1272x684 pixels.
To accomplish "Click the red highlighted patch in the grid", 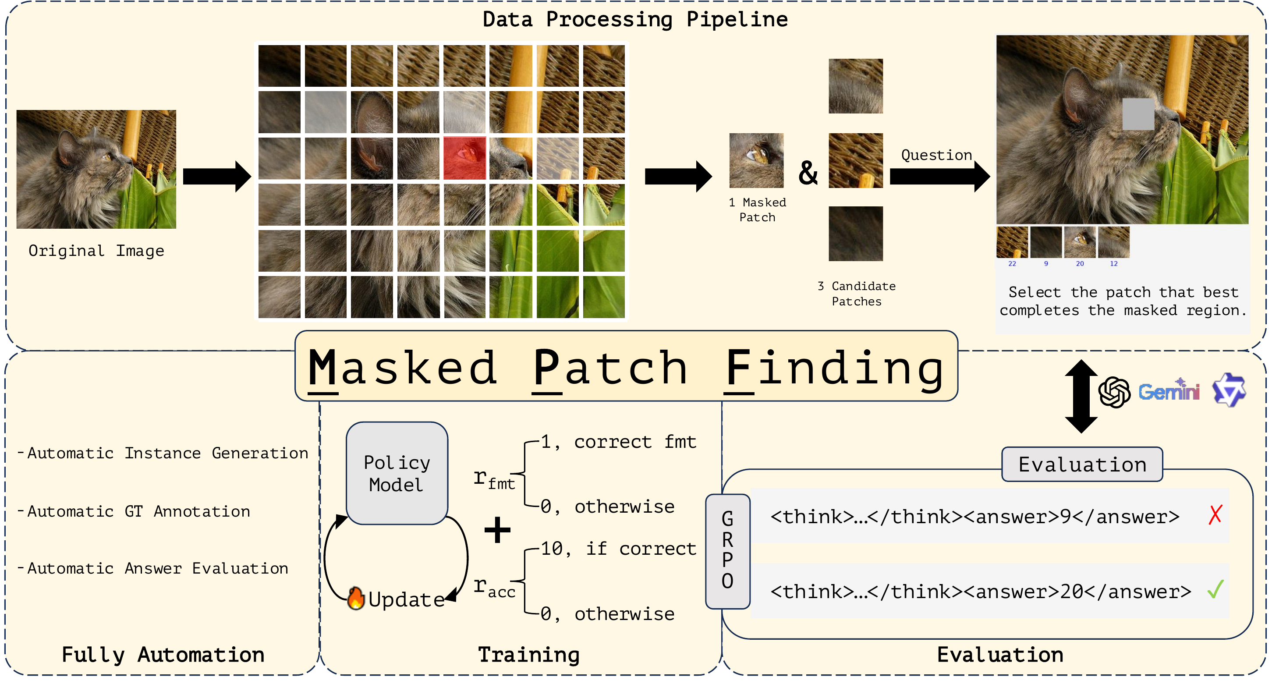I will tap(464, 158).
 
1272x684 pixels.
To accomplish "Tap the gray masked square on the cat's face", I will tap(1137, 114).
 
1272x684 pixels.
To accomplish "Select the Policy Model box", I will tap(397, 473).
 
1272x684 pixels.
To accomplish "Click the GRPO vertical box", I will tap(727, 551).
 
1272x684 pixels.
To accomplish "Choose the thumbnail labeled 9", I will tap(1046, 242).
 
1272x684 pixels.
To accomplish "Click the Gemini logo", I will tap(1168, 391).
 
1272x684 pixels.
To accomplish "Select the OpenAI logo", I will tap(1114, 392).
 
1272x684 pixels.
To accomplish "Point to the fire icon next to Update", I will tap(355, 599).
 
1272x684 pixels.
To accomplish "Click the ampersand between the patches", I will tap(808, 173).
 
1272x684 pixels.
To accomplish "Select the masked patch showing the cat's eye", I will tap(756, 160).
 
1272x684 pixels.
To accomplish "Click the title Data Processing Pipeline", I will tap(635, 20).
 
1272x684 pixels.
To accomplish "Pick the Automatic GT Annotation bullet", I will tap(138, 511).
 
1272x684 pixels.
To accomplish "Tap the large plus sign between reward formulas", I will tap(497, 530).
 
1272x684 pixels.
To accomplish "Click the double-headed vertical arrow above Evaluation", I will tap(1081, 396).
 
